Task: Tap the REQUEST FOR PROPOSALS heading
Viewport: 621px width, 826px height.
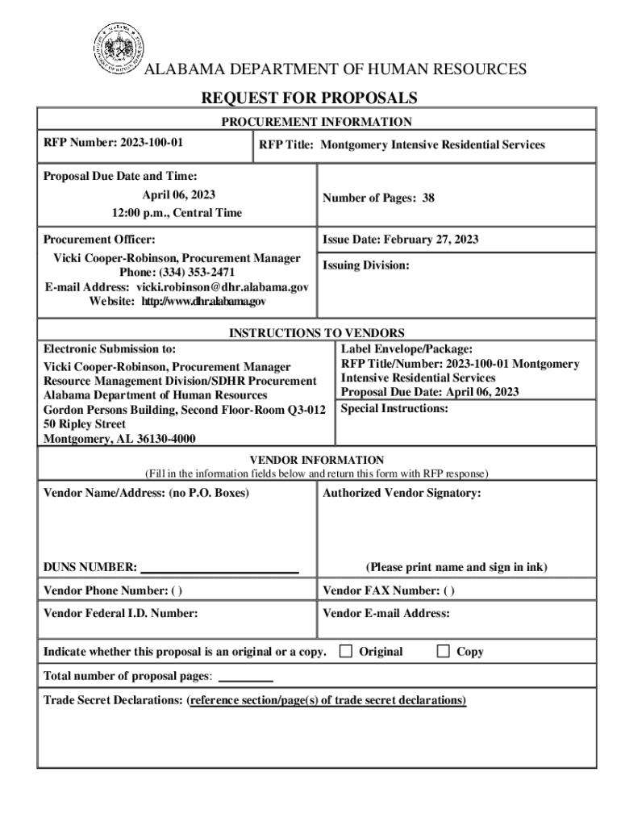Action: pos(309,98)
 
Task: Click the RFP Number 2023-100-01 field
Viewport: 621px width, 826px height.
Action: pos(113,143)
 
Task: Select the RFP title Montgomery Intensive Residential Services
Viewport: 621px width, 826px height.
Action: pos(402,145)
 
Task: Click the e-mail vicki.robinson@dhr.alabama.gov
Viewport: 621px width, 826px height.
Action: pos(222,287)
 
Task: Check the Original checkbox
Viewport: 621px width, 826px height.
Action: pos(346,651)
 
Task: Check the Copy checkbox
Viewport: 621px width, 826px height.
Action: pos(443,651)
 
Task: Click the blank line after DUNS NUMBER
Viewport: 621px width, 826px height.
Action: pos(219,568)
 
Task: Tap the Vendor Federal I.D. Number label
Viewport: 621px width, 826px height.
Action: pos(120,613)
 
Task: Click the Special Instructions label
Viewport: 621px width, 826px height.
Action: pos(394,408)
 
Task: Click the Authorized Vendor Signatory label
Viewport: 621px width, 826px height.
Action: pos(402,492)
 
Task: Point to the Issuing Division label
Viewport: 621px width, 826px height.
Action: pos(366,265)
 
